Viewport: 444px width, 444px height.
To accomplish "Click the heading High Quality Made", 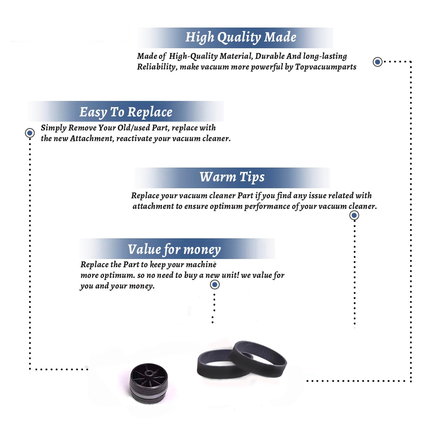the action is (x=241, y=38).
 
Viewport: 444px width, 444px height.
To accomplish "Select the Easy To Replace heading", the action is (x=126, y=112).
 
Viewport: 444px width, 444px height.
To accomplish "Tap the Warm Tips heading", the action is (x=232, y=177).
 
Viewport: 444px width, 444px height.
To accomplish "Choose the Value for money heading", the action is (x=174, y=250).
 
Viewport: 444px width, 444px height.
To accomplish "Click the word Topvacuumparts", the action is (x=326, y=67).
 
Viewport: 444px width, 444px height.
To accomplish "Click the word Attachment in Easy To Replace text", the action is (x=91, y=138).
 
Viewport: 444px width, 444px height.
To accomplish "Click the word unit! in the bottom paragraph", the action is (x=230, y=275).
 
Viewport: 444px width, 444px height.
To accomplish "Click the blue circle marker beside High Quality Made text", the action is (x=377, y=62).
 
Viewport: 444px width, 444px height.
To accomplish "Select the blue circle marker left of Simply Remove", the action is (x=30, y=133).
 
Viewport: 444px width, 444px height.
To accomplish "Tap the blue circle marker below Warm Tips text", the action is (x=354, y=215).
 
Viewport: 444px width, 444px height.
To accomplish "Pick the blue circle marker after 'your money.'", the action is (x=215, y=285).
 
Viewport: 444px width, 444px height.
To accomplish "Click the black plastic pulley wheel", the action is (x=149, y=383).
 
